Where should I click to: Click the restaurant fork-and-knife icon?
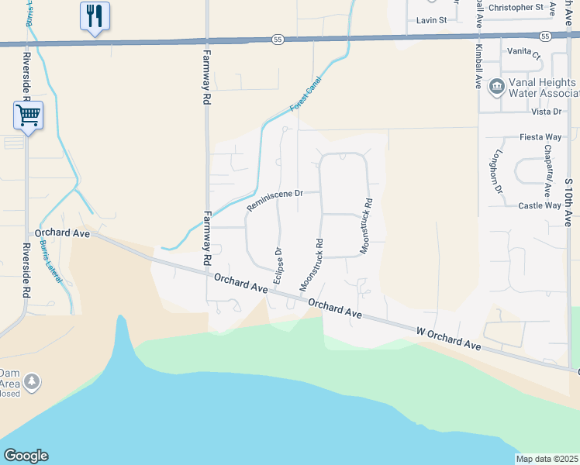pos(95,15)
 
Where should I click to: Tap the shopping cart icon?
pos(28,115)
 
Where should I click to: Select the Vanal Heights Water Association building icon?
pos(496,88)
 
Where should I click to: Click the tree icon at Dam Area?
pos(32,381)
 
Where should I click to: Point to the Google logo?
pos(26,456)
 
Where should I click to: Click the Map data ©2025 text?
pos(547,459)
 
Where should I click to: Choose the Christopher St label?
pos(516,7)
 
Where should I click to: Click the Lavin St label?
pos(432,20)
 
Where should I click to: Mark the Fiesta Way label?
pos(540,137)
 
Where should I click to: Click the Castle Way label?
pos(540,205)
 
